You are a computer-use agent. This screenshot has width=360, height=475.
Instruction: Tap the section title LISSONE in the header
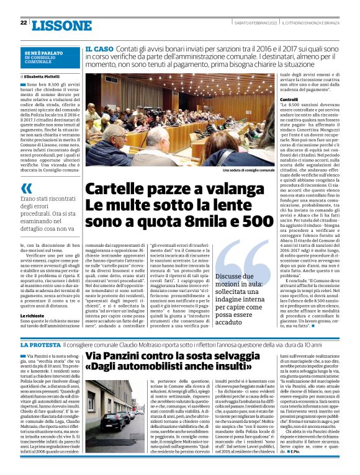(61, 25)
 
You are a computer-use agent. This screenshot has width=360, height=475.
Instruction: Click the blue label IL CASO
(99, 48)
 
